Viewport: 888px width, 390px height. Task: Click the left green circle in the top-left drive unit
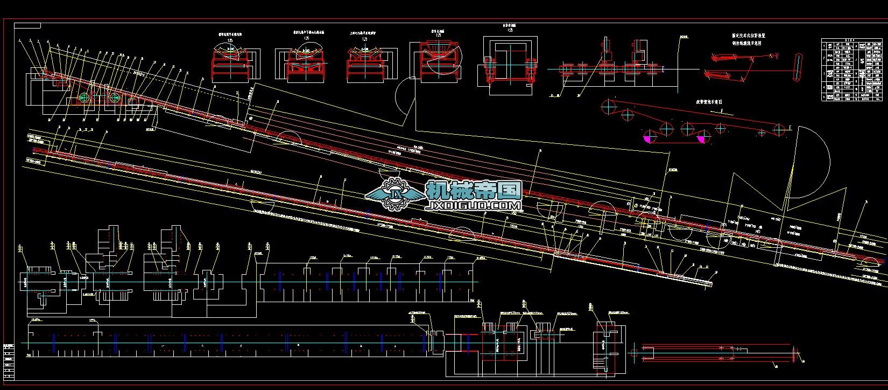[x=83, y=98]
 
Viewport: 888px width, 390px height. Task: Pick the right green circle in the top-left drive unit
[x=114, y=98]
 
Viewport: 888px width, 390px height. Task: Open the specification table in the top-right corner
[x=851, y=69]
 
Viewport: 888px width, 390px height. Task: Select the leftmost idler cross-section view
[x=236, y=64]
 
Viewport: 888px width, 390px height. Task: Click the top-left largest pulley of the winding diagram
[x=609, y=106]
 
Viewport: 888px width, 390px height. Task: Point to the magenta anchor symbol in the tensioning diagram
[x=776, y=54]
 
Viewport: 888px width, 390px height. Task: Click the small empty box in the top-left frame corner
[x=27, y=25]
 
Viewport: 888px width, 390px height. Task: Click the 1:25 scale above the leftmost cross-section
[x=230, y=40]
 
